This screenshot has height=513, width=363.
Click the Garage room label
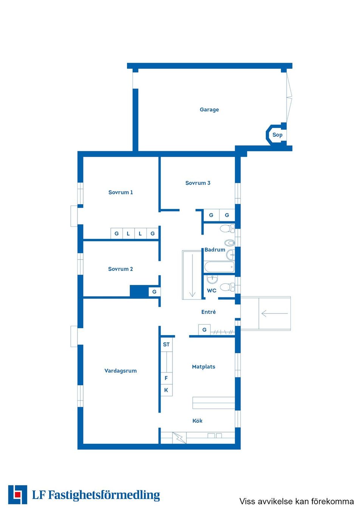[209, 110]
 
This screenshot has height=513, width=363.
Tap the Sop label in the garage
[277, 134]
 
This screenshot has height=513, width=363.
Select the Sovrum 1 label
[121, 192]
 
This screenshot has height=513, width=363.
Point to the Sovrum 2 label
[121, 269]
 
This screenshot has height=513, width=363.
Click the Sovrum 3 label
[198, 183]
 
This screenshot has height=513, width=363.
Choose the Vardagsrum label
[121, 371]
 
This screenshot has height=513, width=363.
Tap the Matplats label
[203, 367]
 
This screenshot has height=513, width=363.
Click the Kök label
[197, 420]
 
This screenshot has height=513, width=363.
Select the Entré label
[208, 312]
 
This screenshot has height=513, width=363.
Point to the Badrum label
[215, 250]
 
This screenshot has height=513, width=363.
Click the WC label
[211, 290]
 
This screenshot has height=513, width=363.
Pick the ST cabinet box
[166, 345]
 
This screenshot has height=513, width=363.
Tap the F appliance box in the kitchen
[166, 378]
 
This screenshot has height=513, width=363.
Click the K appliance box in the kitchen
[166, 390]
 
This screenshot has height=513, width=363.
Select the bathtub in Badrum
[219, 267]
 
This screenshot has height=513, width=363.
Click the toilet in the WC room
[227, 287]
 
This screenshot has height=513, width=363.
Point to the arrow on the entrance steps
[275, 313]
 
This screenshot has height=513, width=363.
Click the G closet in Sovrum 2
[154, 292]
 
